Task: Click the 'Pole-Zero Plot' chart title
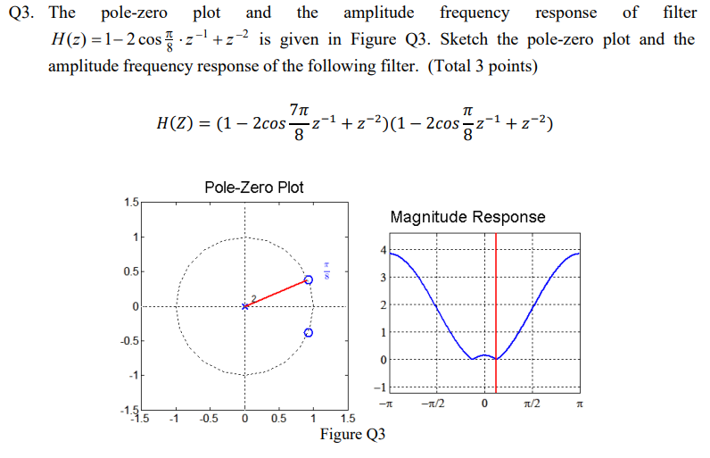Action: coord(253,187)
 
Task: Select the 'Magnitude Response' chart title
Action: coord(467,217)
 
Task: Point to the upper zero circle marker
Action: coord(309,279)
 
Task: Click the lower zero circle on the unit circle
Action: coord(309,332)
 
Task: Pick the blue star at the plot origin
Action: coord(245,306)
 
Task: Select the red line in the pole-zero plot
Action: coord(277,293)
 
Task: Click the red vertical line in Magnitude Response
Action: coord(496,312)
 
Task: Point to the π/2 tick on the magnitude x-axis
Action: coord(532,404)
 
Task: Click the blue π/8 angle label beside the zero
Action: coord(327,269)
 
